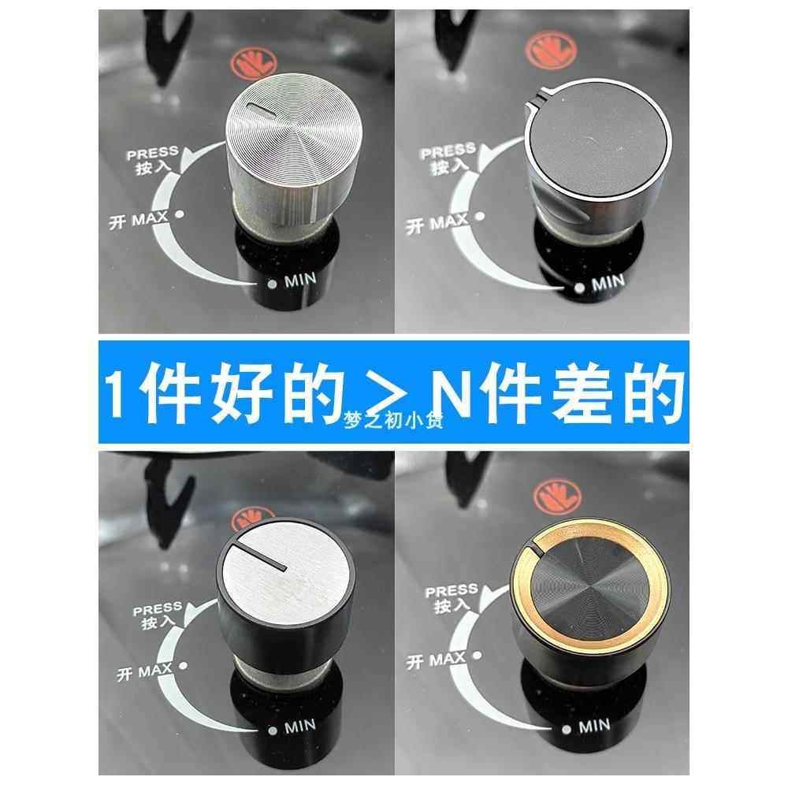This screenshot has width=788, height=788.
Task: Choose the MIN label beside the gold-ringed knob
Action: (x=593, y=725)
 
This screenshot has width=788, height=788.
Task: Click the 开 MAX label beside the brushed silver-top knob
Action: (x=139, y=672)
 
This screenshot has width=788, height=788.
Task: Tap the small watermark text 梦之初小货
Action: (x=393, y=420)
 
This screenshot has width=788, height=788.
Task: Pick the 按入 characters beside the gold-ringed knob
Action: (x=448, y=605)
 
